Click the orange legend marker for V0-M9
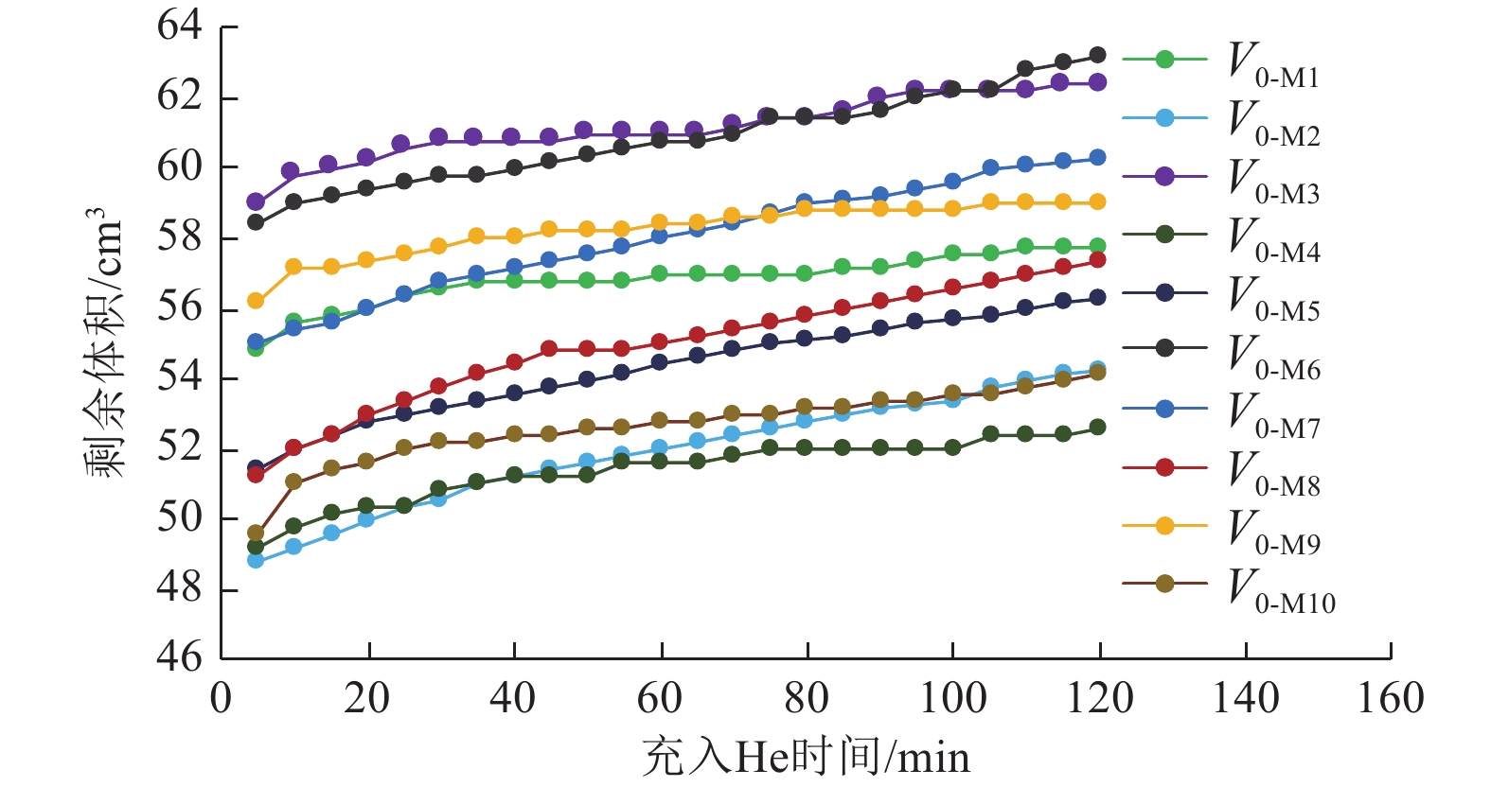[1164, 526]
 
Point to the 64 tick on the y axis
[180, 26]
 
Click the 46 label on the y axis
[180, 656]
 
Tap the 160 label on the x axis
[1390, 699]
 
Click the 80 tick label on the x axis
[806, 699]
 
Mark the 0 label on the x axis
[221, 699]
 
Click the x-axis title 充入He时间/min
[806, 757]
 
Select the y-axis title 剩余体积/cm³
[105, 342]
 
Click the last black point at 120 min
[1097, 55]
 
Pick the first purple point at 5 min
[256, 201]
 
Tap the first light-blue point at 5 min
[256, 560]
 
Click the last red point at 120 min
[1097, 260]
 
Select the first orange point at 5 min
[256, 301]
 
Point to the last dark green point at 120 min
[1097, 428]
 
